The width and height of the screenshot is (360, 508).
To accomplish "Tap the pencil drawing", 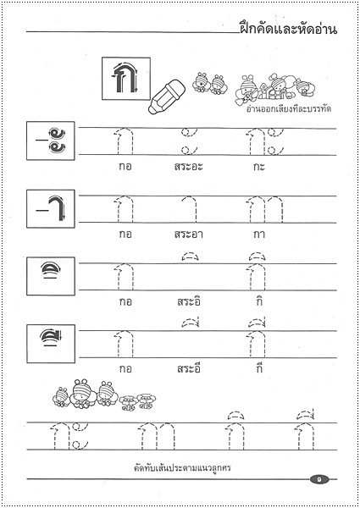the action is (168, 95).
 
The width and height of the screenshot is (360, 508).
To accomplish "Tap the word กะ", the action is (258, 166).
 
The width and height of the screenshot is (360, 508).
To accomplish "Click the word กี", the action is (258, 368).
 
